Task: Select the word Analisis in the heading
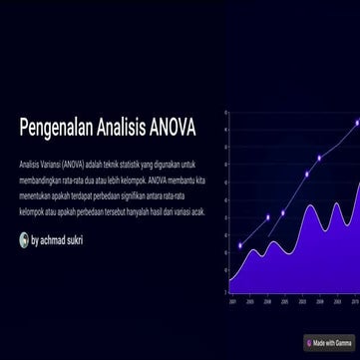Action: pyautogui.click(x=116, y=128)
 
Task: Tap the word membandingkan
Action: pyautogui.click(x=39, y=180)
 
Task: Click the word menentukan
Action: pyautogui.click(x=34, y=195)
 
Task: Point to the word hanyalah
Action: pyautogui.click(x=141, y=211)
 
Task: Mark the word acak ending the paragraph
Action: pyautogui.click(x=197, y=211)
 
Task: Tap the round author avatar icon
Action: pyautogui.click(x=24, y=239)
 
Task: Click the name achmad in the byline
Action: pyautogui.click(x=54, y=240)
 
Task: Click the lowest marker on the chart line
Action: pyautogui.click(x=240, y=245)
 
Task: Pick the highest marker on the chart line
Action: pyautogui.click(x=357, y=122)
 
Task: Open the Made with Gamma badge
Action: pyautogui.click(x=329, y=343)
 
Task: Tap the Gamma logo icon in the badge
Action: pyautogui.click(x=309, y=343)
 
